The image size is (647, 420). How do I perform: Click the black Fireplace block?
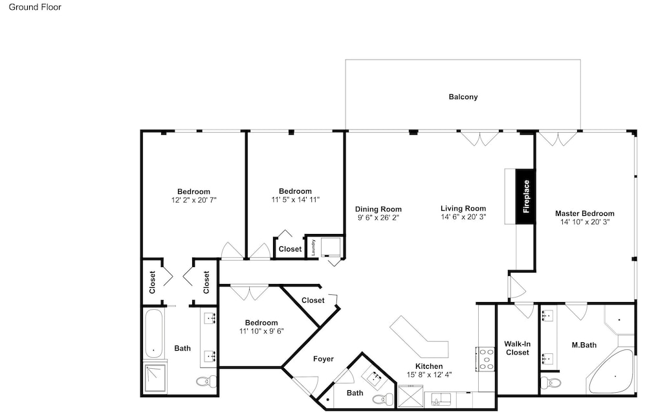525,196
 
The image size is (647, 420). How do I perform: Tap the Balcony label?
463,97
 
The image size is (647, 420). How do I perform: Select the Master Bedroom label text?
584,213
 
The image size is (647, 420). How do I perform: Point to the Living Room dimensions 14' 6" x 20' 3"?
463,216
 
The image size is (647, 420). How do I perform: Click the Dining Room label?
378,209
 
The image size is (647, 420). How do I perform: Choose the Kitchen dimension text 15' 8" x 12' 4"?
429,375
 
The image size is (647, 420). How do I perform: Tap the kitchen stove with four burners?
486,359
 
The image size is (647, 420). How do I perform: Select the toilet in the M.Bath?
550,382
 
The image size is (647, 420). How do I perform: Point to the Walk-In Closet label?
518,348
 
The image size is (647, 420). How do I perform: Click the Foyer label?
323,359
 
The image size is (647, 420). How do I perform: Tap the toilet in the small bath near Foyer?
383,399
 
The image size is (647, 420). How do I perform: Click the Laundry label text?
313,247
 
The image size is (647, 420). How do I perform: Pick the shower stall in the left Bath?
155,377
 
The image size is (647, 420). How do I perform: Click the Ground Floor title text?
35,7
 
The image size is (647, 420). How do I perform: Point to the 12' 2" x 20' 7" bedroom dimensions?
194,200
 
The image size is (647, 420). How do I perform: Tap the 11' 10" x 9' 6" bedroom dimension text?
261,331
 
